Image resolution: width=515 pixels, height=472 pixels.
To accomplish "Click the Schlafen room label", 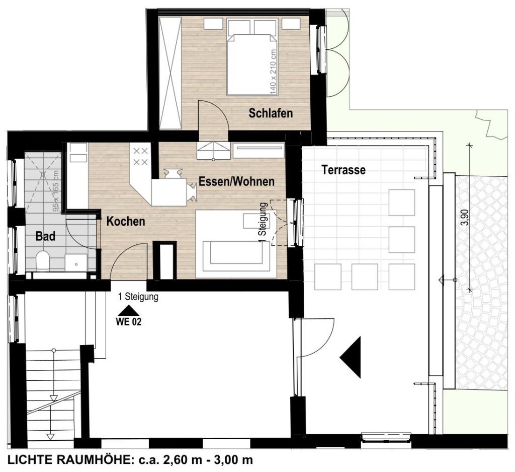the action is pos(270,113).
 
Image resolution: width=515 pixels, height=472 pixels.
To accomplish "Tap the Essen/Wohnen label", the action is pos(236,181).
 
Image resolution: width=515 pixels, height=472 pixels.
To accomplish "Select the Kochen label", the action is pos(126,221).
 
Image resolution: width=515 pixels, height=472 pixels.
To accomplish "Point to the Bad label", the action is pos(45,236).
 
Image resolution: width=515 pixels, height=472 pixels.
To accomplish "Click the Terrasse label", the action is pos(344,170).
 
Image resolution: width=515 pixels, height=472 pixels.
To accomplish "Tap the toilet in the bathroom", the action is pos(43,261).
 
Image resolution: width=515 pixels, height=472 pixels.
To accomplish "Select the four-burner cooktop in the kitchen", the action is pos(140,156).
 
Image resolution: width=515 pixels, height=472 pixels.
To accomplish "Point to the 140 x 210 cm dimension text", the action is pos(274,72).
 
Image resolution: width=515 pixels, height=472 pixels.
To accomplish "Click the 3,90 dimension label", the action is pos(464,219).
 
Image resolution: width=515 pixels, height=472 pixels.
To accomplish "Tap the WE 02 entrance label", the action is pos(128,322).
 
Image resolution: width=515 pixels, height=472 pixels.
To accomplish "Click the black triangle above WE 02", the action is pos(128,311).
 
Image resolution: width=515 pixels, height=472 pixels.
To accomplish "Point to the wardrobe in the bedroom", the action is pos(170,74).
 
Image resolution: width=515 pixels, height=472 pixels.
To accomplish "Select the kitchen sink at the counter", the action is pos(77,154).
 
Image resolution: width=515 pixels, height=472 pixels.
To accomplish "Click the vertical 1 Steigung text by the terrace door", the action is pos(263,223).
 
